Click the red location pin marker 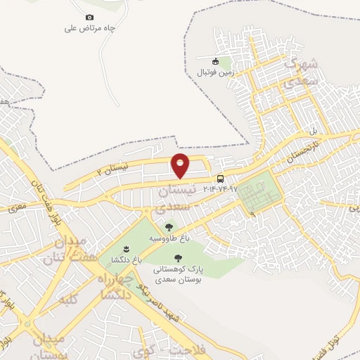(181, 165)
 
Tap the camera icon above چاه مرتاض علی (89, 18)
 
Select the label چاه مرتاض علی (89, 29)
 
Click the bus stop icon (221, 179)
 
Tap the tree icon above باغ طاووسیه (168, 227)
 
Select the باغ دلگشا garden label (126, 260)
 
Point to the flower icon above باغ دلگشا (126, 250)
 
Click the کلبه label (68, 300)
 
